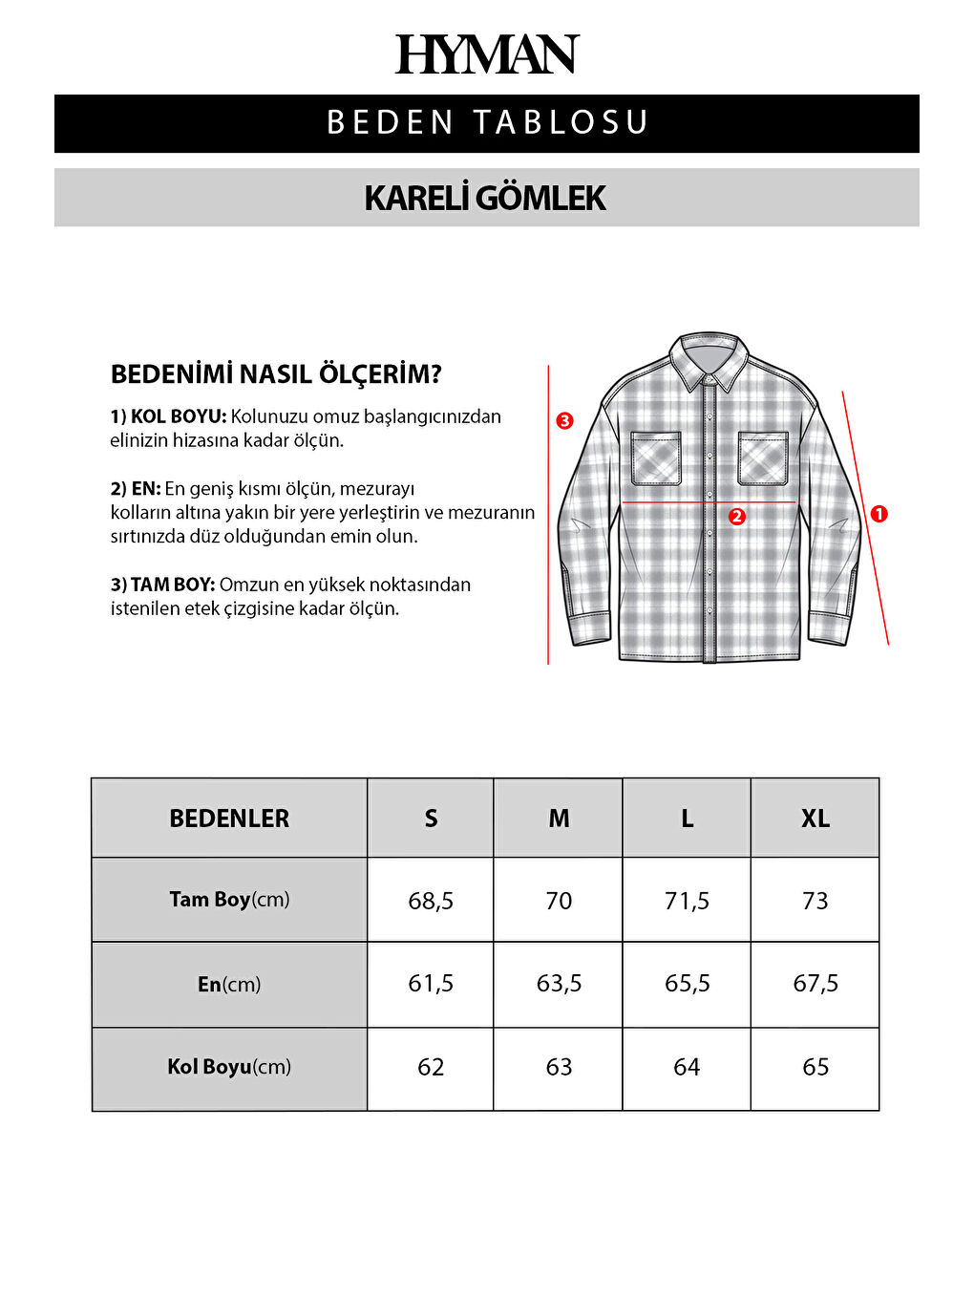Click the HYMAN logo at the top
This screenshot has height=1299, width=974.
point(487,55)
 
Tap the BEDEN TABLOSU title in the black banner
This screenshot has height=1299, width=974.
point(487,123)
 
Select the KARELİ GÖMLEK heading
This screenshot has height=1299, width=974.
point(485,199)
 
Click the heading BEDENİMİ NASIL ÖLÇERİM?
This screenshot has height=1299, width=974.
point(276,374)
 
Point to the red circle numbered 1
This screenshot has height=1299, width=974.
point(879,514)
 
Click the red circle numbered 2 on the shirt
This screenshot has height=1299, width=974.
point(736,517)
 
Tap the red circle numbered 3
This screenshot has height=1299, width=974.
point(565,420)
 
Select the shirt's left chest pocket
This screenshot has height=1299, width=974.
point(656,458)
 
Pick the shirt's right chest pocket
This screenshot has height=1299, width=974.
point(762,458)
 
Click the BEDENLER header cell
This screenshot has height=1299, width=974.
point(229,819)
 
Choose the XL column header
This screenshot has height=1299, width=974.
point(815,819)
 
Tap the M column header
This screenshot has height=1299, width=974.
point(559,819)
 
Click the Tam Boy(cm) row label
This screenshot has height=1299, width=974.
point(229,900)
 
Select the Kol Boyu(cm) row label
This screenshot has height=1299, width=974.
point(229,1067)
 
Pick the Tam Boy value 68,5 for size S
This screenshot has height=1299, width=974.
point(431,901)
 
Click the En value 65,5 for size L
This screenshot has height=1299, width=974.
point(687,984)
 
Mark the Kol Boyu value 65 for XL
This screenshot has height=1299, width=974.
point(815,1067)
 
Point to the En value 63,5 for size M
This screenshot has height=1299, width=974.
point(559,984)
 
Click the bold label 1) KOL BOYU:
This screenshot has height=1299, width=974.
point(168,416)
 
